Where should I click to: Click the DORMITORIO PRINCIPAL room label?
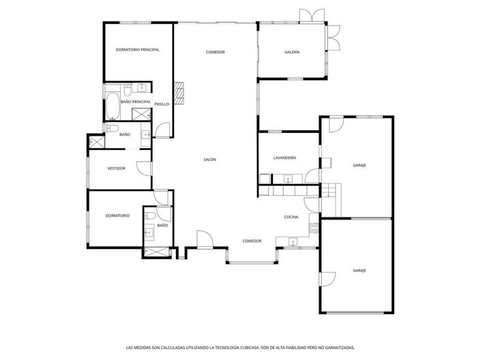(x=137, y=49)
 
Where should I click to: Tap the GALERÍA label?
(x=292, y=52)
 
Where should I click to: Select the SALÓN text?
(x=209, y=159)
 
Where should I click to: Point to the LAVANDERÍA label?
(x=285, y=157)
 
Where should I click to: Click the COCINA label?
(x=292, y=217)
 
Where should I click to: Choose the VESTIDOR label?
(x=117, y=168)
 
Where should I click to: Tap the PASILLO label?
(x=162, y=104)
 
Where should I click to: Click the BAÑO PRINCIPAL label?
(x=135, y=102)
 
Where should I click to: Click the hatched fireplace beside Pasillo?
(x=179, y=93)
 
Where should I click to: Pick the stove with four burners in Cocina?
(x=314, y=227)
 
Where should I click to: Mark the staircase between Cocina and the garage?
(x=330, y=190)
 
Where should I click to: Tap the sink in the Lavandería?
(x=288, y=179)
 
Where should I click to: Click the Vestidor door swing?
(x=142, y=169)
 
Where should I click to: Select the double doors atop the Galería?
(x=315, y=15)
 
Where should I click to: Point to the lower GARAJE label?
(x=360, y=271)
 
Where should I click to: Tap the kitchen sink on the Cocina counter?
(x=293, y=241)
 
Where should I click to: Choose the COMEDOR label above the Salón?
(x=216, y=52)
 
